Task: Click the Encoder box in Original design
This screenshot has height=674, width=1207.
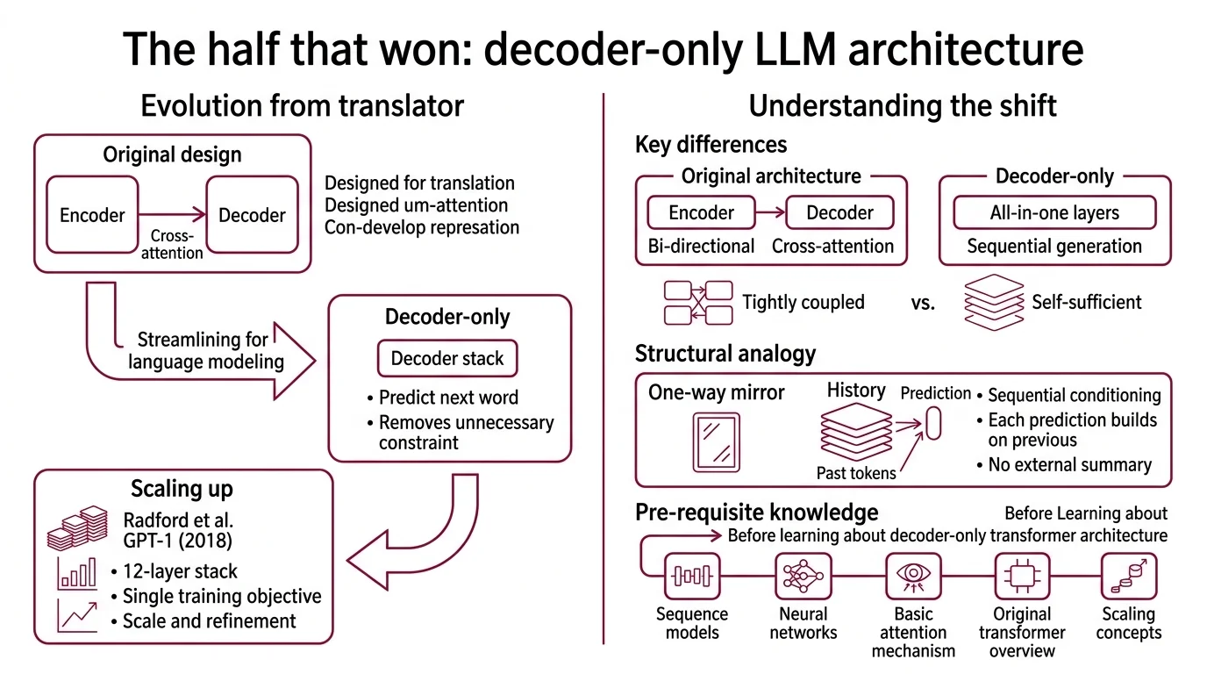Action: coord(92,215)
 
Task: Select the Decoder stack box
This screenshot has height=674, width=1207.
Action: coord(447,358)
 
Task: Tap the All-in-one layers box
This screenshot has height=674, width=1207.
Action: coord(1054,212)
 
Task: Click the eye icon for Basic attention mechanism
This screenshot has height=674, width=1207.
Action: coord(913,576)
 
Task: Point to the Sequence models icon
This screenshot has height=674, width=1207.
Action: coord(691,576)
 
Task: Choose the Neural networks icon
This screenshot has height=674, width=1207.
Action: coord(803,576)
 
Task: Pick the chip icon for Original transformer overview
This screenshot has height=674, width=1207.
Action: coord(1022,576)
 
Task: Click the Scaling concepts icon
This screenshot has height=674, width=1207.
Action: coord(1128,576)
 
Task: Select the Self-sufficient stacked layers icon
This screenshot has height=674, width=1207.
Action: coord(994,303)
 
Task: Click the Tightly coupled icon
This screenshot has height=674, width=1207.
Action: coord(698,303)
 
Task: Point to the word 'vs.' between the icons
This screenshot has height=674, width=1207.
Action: coord(923,304)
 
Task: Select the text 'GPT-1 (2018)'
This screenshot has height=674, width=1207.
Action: coord(172,539)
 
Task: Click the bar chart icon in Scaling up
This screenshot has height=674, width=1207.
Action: coord(76,572)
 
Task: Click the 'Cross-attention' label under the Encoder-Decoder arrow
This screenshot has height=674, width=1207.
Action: coord(172,245)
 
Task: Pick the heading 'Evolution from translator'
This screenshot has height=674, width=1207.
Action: coord(302,106)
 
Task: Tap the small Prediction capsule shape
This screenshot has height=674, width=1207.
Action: coord(933,422)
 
